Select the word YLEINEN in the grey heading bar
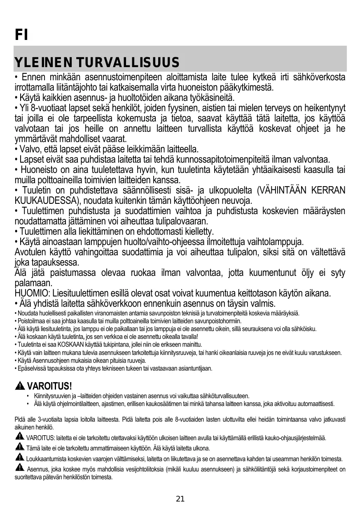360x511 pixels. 41,63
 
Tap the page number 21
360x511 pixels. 180,499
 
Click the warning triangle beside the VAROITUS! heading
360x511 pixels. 20,386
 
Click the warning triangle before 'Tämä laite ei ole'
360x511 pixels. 19,447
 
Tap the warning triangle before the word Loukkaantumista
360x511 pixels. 19,458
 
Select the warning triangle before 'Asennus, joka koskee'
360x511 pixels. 19,468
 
